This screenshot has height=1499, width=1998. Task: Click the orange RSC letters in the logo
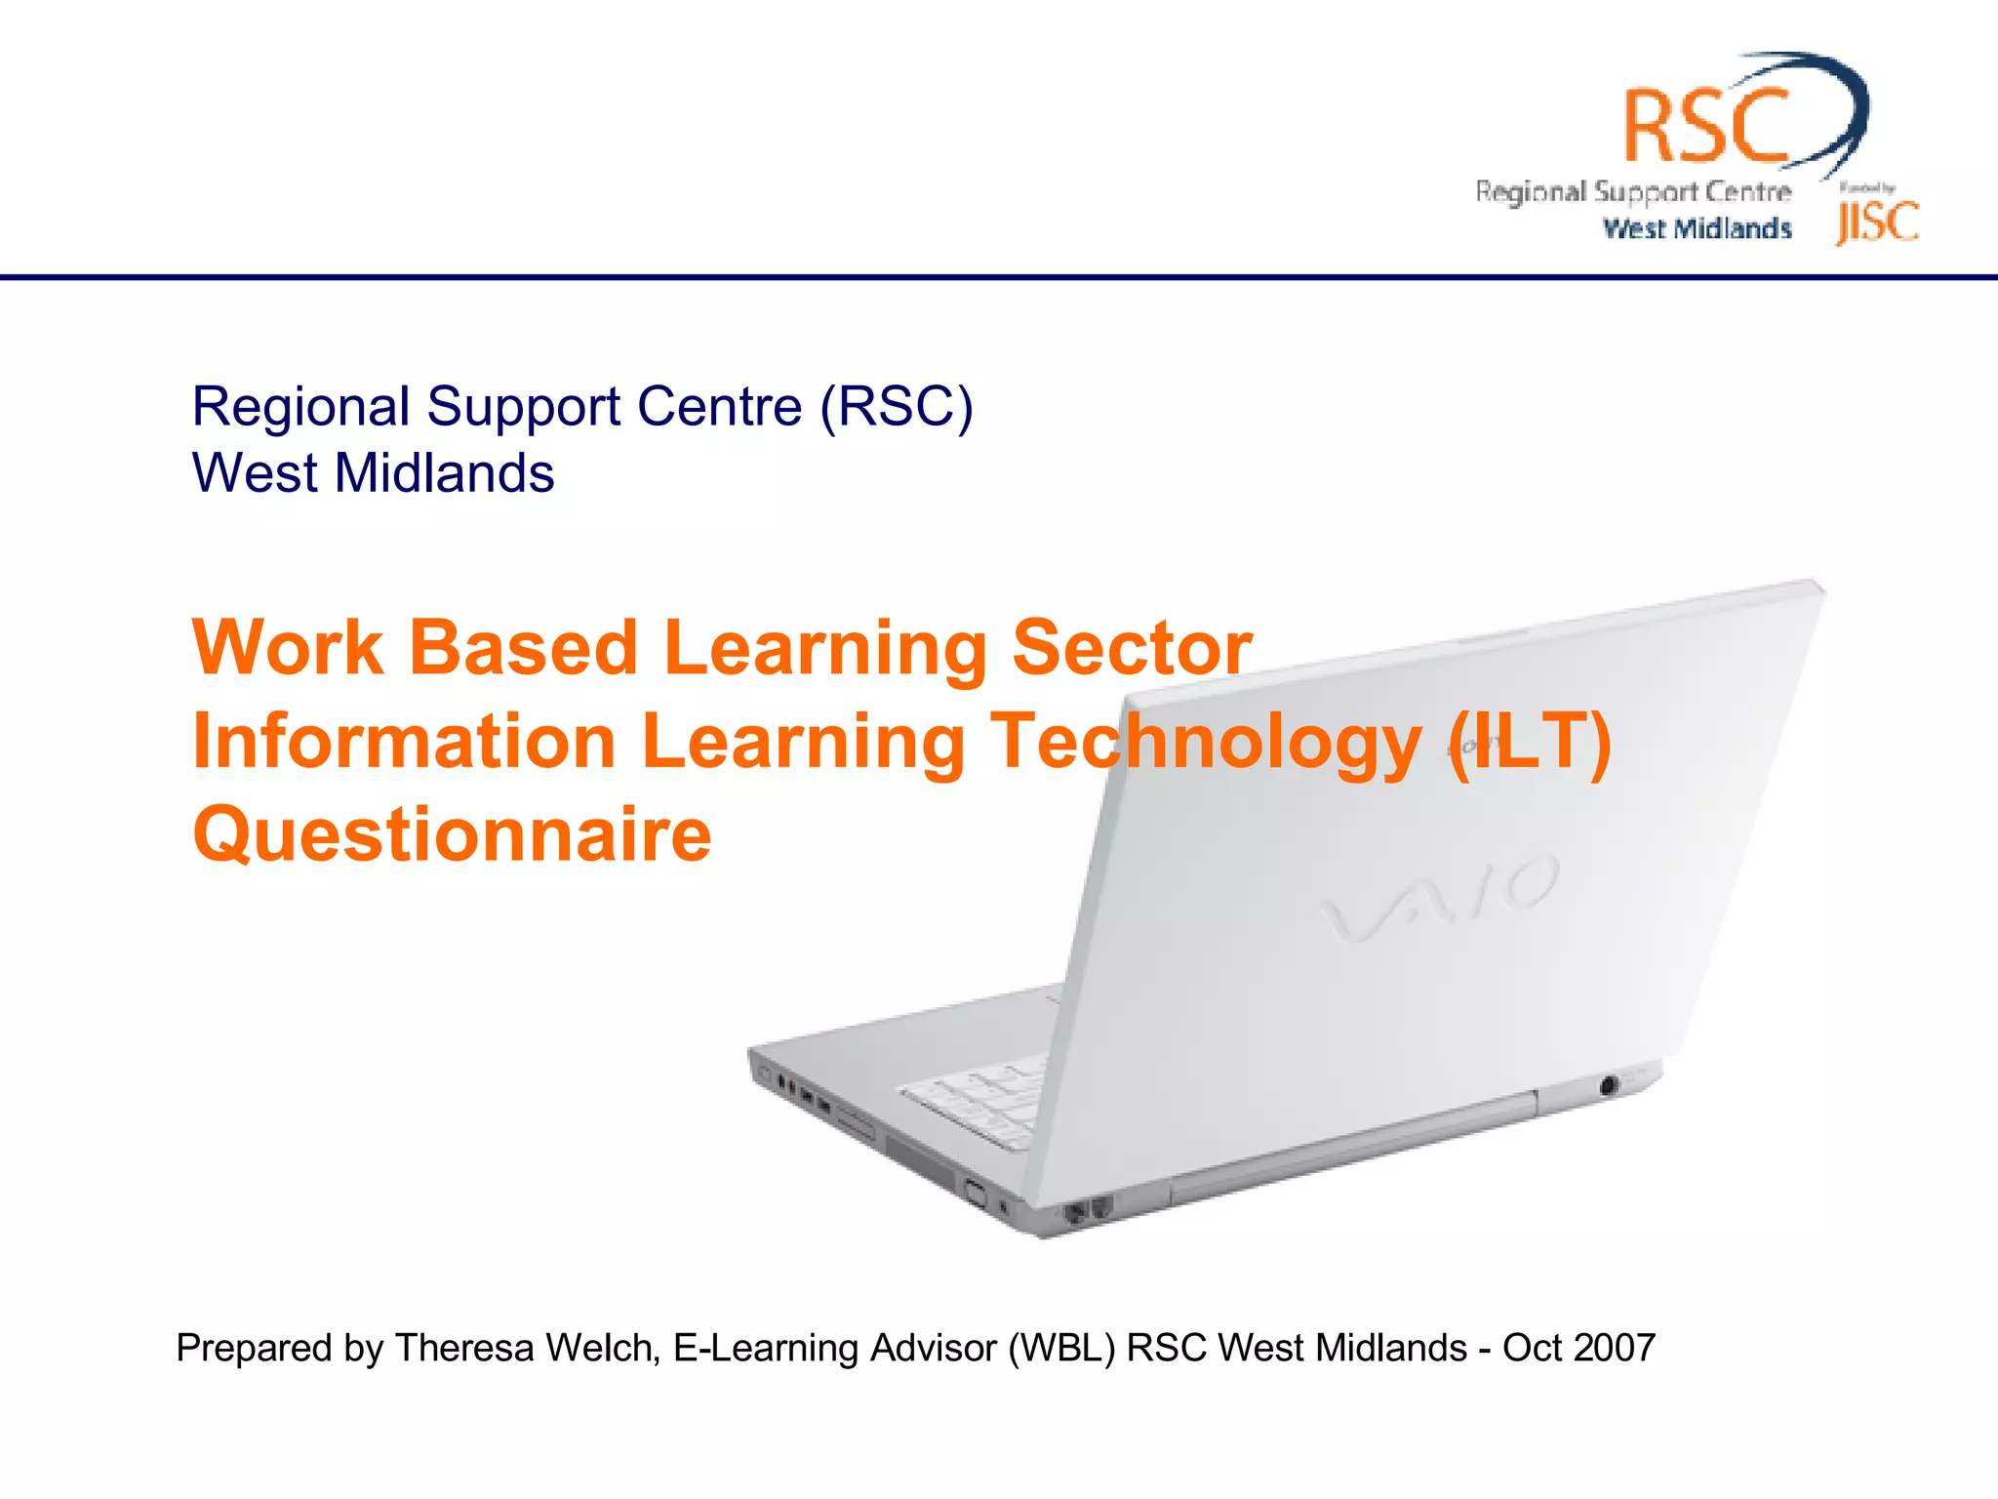pos(1705,125)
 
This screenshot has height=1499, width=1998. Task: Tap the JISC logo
pos(1877,222)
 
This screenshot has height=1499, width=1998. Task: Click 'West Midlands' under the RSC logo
pos(1698,228)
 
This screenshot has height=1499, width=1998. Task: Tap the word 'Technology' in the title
pos(1206,741)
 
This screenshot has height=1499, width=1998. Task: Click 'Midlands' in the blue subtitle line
pos(444,473)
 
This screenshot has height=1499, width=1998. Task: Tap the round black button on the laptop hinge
pos(1609,1084)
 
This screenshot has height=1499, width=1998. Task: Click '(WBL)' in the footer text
pos(1061,1348)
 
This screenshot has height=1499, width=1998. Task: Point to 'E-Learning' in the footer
pos(766,1348)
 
